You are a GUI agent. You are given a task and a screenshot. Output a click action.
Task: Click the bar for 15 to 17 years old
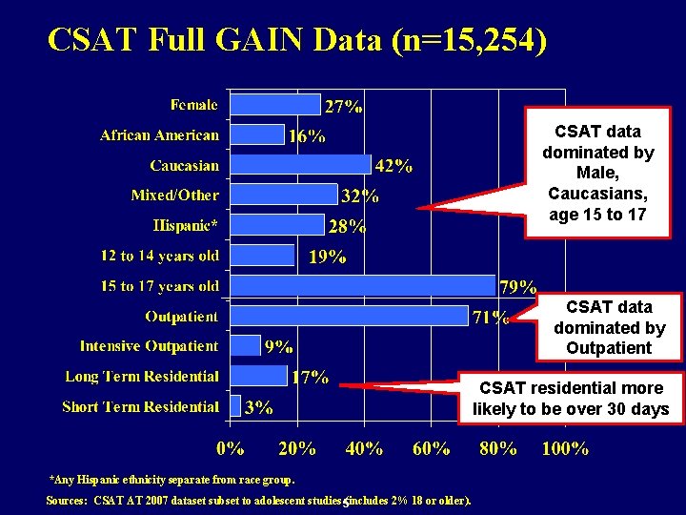pos(363,285)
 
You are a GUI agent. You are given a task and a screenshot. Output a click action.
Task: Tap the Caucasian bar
pos(301,164)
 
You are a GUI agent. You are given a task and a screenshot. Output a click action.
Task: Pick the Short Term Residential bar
pos(235,406)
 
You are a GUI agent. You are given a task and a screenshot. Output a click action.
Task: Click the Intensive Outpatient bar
pos(246,345)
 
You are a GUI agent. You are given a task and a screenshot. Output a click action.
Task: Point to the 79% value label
pos(518,286)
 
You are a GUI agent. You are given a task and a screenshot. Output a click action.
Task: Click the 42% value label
pos(393,166)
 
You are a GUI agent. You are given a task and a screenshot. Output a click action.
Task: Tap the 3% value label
pos(258,407)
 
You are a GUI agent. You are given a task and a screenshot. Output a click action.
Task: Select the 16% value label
pos(306,135)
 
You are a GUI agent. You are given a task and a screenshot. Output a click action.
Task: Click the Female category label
pos(194,104)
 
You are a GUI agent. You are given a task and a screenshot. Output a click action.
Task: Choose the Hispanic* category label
pos(186,225)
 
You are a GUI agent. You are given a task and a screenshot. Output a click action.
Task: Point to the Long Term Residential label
pos(142,377)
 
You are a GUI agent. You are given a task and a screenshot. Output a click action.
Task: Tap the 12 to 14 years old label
pos(160,256)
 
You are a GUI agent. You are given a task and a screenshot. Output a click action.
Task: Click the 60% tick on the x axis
pos(431,447)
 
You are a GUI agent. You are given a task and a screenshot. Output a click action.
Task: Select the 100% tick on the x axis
pos(565,447)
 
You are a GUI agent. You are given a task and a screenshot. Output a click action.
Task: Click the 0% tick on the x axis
pos(230,447)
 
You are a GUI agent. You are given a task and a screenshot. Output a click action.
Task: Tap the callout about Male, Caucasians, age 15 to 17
pos(597,173)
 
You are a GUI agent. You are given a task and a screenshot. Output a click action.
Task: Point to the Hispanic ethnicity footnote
pos(171,480)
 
